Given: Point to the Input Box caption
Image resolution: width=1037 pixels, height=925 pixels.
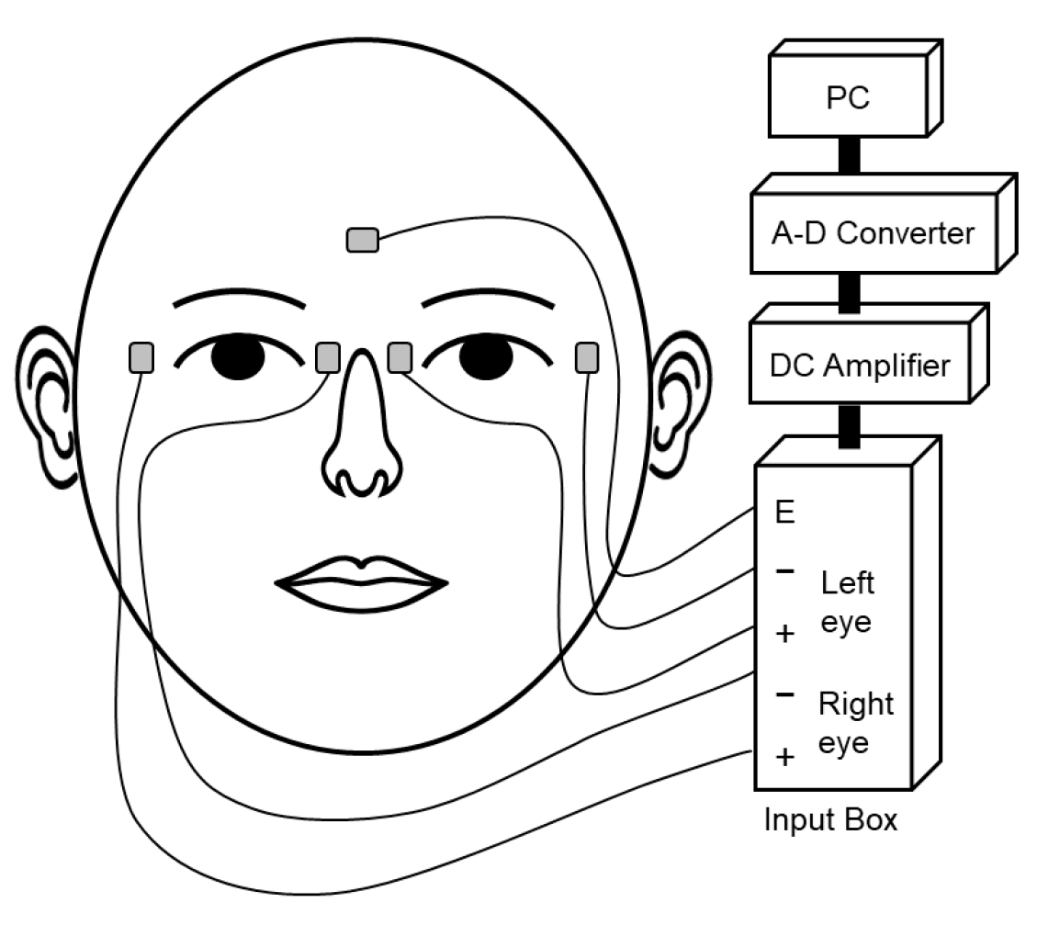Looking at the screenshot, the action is [829, 820].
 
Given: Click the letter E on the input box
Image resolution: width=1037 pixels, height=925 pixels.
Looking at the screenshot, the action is [784, 513].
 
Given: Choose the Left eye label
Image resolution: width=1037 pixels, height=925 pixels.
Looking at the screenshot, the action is [846, 602].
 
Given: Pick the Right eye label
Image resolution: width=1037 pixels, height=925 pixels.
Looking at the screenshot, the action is [854, 723].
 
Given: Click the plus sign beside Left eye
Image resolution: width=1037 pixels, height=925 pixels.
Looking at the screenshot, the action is [784, 634].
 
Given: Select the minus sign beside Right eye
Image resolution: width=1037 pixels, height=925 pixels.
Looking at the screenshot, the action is [784, 694].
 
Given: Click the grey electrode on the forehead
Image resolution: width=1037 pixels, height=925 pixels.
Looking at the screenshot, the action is [362, 241].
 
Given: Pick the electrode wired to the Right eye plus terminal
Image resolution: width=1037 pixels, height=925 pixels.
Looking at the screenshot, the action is [141, 357].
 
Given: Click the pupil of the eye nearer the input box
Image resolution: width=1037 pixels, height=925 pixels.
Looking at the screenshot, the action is [485, 358].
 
